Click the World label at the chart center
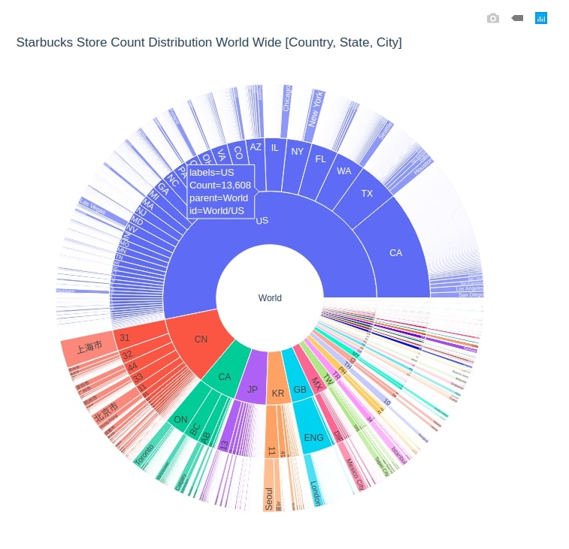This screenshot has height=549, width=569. tap(270, 298)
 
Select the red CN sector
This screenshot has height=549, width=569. tap(201, 339)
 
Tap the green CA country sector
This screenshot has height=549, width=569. tap(225, 376)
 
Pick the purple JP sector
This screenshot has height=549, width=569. tap(253, 390)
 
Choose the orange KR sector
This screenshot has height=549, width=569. tap(278, 393)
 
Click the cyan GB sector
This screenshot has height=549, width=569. tap(300, 389)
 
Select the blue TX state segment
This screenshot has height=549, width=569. tap(367, 194)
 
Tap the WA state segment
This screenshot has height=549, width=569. tap(344, 171)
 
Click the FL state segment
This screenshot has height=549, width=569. tap(321, 158)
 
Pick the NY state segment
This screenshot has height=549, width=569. tap(298, 152)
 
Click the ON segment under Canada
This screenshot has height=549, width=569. tap(181, 420)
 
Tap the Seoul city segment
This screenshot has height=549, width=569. tap(269, 497)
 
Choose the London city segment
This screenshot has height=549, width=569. tap(314, 492)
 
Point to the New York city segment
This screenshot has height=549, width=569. tap(315, 118)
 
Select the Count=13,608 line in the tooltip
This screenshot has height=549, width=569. tap(220, 185)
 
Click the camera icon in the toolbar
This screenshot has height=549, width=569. tap(493, 18)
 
